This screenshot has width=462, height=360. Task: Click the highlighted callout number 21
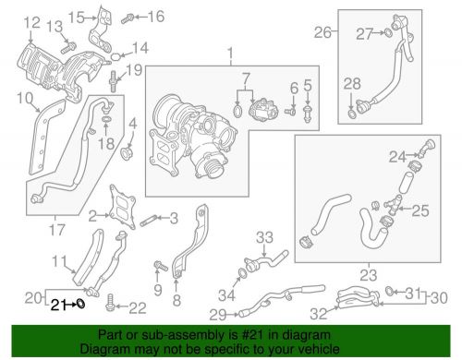pos(57,303)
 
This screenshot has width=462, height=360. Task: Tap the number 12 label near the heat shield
pos(31,22)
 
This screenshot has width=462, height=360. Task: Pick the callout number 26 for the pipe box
pos(322,33)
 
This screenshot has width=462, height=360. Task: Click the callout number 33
pos(265,236)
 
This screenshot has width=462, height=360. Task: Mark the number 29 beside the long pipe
pos(216,316)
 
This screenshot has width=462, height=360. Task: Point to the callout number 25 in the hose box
pos(420,211)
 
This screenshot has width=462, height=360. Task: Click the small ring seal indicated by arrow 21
pos(80,302)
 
